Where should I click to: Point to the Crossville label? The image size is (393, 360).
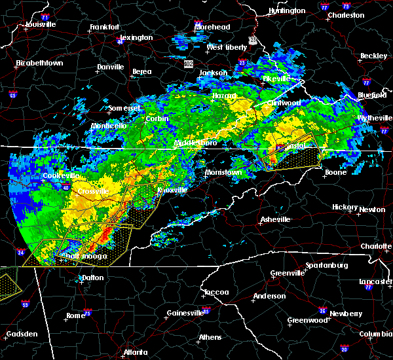click(92, 191)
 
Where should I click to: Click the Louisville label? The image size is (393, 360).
click(40, 25)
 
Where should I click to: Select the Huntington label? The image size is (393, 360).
click(287, 11)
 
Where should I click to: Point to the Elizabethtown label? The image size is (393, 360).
click(39, 63)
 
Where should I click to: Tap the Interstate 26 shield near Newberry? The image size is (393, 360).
click(323, 310)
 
